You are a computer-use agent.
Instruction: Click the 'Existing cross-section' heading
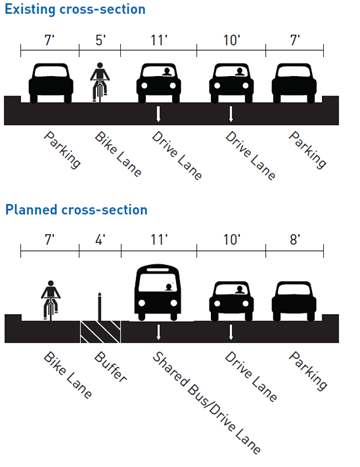pyautogui.click(x=75, y=9)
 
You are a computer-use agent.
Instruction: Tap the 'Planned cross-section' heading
pyautogui.click(x=77, y=210)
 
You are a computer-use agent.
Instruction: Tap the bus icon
pyautogui.click(x=159, y=291)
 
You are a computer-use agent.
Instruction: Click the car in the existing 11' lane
pyautogui.click(x=160, y=82)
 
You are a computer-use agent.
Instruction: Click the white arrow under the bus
pyautogui.click(x=159, y=331)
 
